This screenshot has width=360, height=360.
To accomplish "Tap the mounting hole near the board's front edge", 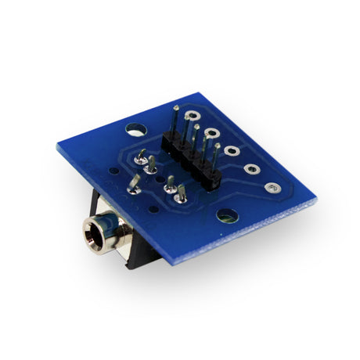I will (x=227, y=215).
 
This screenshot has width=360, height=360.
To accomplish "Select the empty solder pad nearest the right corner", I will (x=272, y=188).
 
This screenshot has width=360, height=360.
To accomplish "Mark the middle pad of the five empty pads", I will (x=232, y=150).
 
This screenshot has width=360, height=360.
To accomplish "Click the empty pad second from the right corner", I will (x=252, y=168).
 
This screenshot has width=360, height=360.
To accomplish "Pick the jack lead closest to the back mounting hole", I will (x=141, y=157).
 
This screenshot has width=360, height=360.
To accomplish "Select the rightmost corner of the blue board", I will (x=317, y=200).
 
